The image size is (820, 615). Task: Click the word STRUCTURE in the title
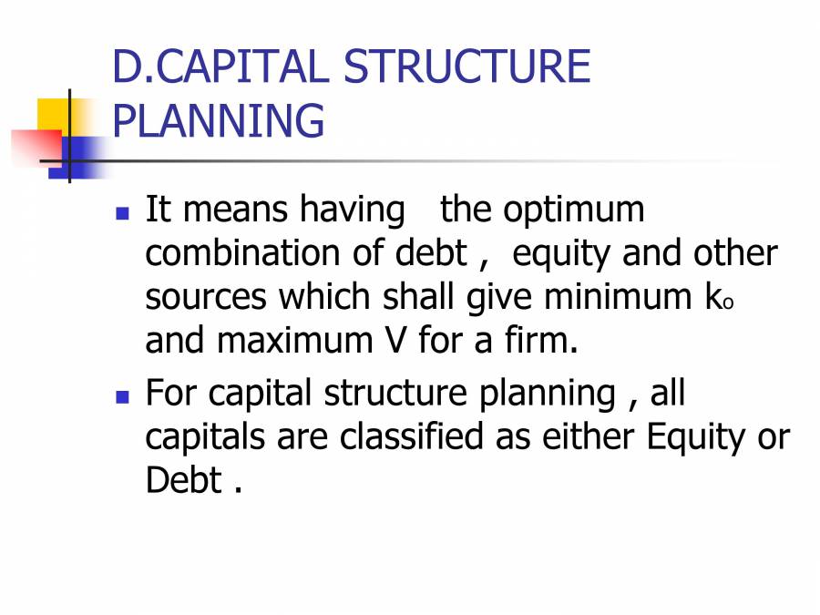pos(467,67)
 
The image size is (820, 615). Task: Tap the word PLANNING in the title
pos(218,120)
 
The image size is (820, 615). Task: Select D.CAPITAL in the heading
pos(219,67)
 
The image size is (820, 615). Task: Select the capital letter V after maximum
pos(387,341)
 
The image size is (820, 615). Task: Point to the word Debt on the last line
pos(183,481)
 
